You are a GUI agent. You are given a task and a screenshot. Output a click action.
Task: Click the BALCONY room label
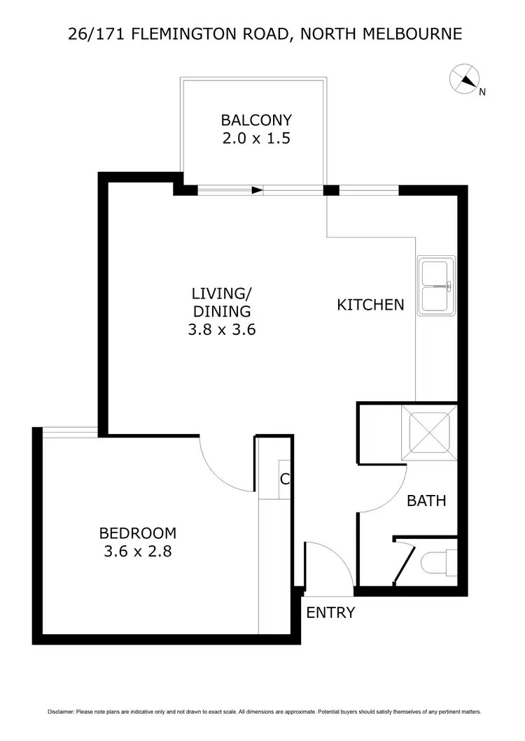point(255,120)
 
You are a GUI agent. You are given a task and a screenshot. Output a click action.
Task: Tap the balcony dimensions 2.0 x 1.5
point(255,138)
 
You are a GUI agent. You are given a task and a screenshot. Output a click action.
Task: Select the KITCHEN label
point(370,305)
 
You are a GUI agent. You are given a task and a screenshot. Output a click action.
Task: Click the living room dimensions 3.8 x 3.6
point(221,330)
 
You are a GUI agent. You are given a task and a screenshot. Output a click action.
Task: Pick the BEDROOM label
point(137,533)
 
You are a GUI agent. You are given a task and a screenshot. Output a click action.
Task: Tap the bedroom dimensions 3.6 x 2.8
point(137,552)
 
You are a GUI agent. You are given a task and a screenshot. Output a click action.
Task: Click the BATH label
point(426,501)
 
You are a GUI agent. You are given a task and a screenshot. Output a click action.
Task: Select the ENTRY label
point(330,613)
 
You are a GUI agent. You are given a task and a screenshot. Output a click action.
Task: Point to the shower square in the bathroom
point(428,433)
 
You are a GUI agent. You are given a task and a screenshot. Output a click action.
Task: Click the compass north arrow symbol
point(464,78)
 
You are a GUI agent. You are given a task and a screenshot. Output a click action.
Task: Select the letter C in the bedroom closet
point(284,480)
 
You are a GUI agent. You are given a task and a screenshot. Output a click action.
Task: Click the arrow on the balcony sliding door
point(257,190)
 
